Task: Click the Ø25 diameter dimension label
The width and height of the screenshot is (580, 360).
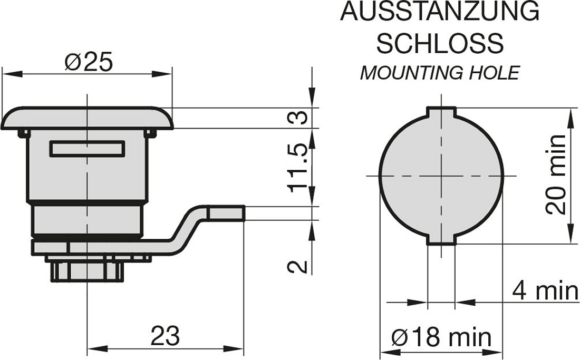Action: tap(88, 62)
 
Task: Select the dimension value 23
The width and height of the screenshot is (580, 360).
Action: tap(165, 336)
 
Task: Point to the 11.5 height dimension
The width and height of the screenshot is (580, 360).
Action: tap(298, 168)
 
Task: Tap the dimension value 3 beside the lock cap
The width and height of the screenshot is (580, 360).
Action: tap(298, 118)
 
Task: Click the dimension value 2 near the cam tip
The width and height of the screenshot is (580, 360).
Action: tap(298, 267)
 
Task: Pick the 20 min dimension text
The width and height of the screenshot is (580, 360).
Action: tap(556, 174)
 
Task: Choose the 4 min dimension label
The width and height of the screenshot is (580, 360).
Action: tap(545, 291)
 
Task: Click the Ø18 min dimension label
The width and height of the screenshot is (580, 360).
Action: tap(441, 337)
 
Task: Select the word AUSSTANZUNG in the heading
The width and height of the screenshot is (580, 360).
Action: tap(440, 11)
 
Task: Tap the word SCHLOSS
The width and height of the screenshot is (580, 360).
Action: tap(440, 43)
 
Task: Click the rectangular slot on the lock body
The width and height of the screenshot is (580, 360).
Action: tap(88, 149)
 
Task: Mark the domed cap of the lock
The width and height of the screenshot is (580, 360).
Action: tap(87, 118)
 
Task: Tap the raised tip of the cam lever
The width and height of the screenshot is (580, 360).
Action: tap(226, 213)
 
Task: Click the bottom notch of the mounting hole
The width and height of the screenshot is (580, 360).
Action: tap(441, 240)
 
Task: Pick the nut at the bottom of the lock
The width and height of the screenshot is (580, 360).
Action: tap(87, 270)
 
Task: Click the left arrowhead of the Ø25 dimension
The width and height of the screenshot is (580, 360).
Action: tap(12, 74)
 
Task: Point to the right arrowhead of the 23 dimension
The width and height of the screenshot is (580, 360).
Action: tap(234, 348)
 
